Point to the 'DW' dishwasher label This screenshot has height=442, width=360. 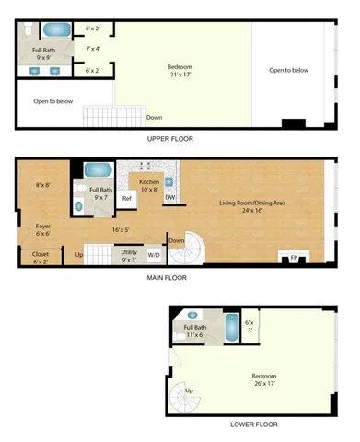(170, 198)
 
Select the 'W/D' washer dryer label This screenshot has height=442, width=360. (153, 255)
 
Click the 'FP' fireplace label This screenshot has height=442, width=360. (296, 257)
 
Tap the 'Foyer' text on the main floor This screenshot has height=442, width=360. (42, 226)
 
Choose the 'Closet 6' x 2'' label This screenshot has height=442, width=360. (41, 258)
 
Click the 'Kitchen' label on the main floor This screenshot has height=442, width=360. (149, 181)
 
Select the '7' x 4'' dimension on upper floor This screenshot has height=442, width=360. (92, 48)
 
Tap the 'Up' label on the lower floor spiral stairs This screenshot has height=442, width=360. (191, 390)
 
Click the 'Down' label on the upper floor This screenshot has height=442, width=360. (154, 117)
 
